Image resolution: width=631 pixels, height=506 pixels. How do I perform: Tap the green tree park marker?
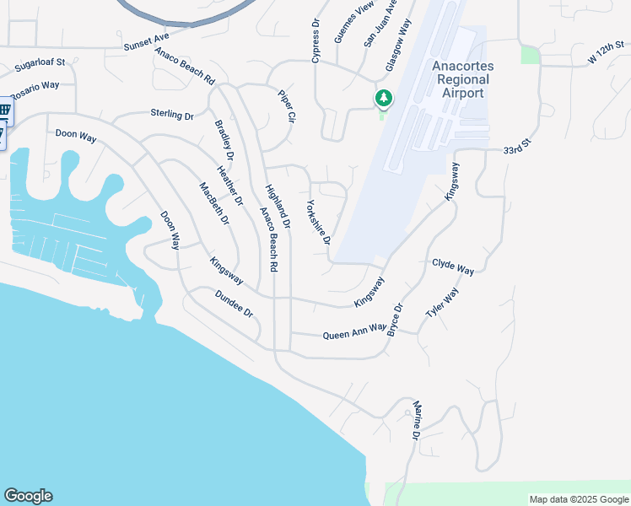tap(384, 99)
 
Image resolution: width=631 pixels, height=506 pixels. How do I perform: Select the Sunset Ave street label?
tap(147, 42)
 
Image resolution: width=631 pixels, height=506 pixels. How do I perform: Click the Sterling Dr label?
tap(172, 114)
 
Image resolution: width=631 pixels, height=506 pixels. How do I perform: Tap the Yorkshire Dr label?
tap(319, 223)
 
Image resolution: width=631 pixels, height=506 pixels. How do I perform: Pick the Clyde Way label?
tap(453, 266)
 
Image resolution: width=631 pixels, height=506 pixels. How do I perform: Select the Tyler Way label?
tap(443, 302)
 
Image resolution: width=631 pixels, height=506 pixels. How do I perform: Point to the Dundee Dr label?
tap(234, 304)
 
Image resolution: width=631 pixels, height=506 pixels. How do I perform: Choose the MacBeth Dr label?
tap(214, 203)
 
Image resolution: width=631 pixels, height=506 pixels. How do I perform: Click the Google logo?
tap(29, 496)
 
